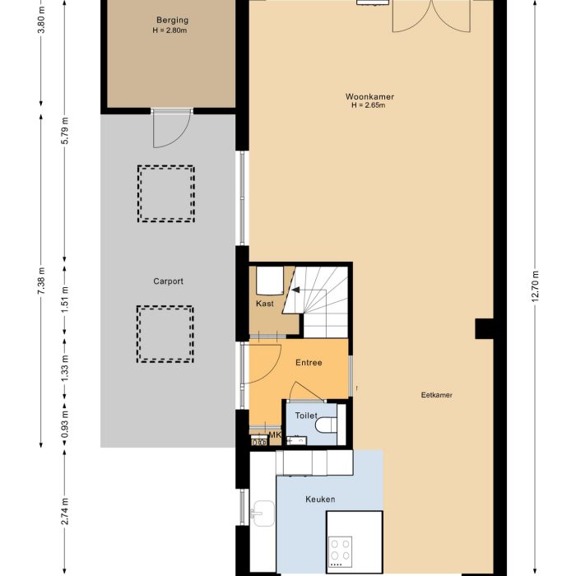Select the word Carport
pyautogui.click(x=168, y=281)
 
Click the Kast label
pyautogui.click(x=264, y=303)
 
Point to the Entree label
pyautogui.click(x=308, y=362)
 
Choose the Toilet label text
pyautogui.click(x=305, y=416)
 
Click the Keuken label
pyautogui.click(x=319, y=499)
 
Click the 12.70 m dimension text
pyautogui.click(x=535, y=287)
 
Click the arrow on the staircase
pyautogui.click(x=294, y=289)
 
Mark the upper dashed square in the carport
pyautogui.click(x=165, y=193)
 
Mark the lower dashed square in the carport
pyautogui.click(x=165, y=334)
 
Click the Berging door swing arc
pyautogui.click(x=170, y=132)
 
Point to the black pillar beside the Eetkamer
pyautogui.click(x=484, y=329)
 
